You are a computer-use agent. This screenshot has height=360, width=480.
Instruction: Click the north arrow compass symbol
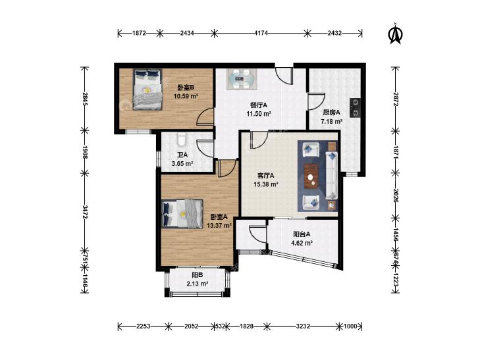[396, 34]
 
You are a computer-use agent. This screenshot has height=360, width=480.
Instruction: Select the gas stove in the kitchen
[355, 108]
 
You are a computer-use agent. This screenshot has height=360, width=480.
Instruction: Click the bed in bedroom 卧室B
[147, 90]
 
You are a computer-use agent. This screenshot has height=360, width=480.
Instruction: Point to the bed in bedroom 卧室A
[182, 213]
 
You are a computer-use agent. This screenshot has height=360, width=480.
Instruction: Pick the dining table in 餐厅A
[242, 79]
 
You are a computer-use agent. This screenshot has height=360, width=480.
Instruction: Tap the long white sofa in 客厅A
[331, 175]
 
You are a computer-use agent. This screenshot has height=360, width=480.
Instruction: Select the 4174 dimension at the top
[261, 33]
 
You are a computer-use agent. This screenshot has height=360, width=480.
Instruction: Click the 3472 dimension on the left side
[85, 212]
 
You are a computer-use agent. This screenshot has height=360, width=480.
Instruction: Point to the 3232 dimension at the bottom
[303, 326]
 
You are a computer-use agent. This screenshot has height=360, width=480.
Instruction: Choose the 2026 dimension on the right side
[396, 195]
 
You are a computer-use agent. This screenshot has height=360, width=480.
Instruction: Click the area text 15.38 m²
[266, 184]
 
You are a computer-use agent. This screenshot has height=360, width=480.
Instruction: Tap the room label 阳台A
[302, 234]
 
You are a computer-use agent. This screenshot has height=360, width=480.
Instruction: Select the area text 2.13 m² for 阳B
[198, 284]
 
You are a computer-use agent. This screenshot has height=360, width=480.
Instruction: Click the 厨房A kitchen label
[332, 113]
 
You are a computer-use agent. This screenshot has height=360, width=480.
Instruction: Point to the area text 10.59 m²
[186, 96]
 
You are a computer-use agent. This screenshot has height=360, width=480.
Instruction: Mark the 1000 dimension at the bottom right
[350, 326]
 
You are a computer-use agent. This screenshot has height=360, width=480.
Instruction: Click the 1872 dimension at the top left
[139, 33]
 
